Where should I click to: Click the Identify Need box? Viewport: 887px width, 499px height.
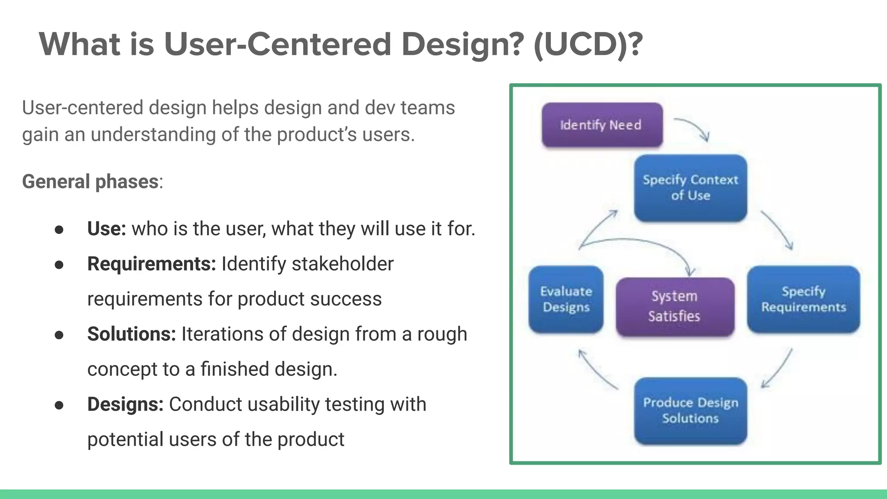point(602,125)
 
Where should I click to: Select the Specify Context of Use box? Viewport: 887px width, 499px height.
point(690,188)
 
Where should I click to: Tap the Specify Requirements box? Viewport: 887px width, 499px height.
point(803,299)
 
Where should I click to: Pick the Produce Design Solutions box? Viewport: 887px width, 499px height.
point(690,410)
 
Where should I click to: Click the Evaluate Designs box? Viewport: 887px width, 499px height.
point(566,299)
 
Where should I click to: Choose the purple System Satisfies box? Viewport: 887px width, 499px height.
point(675,306)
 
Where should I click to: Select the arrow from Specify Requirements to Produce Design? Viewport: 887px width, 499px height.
point(777,368)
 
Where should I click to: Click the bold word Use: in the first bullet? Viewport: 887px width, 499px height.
point(107,228)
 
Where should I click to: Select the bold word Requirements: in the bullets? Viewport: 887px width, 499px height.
point(152,264)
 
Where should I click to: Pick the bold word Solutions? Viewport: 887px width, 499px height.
point(132,334)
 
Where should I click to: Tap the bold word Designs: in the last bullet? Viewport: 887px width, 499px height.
point(125,404)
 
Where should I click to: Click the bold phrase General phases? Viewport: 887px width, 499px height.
point(90,181)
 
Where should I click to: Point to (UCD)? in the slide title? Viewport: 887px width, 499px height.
point(588,44)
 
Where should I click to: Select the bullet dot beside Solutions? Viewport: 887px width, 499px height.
point(59,335)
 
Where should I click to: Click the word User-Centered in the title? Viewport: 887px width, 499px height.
point(278,44)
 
